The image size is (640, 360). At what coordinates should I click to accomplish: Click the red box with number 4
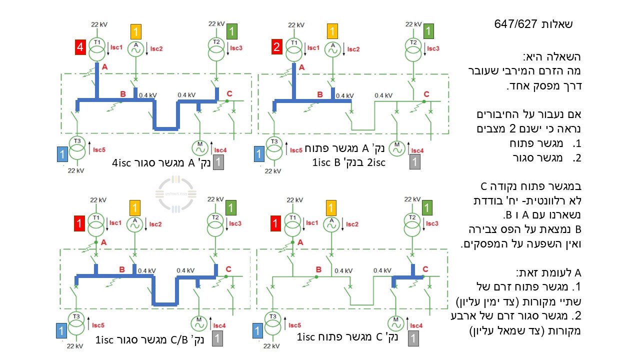(x=80, y=47)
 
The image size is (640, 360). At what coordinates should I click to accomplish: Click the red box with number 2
(x=276, y=46)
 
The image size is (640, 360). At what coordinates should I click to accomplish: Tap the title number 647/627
(x=515, y=24)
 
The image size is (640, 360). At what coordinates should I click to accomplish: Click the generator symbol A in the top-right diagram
(x=332, y=49)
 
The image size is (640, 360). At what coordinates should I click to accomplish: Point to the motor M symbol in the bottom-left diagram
(x=199, y=323)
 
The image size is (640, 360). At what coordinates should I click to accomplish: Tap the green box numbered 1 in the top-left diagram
(x=231, y=31)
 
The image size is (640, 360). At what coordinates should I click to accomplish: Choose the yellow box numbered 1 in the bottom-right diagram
(x=331, y=207)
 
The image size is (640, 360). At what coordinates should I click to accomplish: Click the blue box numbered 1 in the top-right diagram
(x=259, y=154)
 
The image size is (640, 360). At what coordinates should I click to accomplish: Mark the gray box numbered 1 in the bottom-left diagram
(x=217, y=338)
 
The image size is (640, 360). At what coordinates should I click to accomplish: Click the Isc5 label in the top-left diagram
(x=99, y=149)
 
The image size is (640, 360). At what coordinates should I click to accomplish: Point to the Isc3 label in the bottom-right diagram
(x=432, y=223)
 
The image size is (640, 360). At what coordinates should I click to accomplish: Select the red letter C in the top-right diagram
(x=426, y=94)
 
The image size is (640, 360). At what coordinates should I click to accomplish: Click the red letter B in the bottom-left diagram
(x=122, y=269)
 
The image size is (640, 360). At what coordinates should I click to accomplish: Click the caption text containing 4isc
(x=161, y=163)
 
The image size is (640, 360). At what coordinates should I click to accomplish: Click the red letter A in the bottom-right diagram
(x=300, y=242)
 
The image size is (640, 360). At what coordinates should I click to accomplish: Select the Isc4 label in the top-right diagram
(x=417, y=150)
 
